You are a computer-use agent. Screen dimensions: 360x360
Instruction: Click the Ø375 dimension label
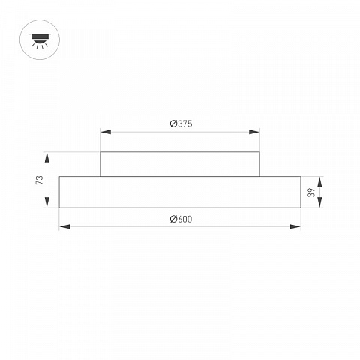[181, 124]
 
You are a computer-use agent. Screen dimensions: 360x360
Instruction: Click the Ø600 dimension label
[181, 219]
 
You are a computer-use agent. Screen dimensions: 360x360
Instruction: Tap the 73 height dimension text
[40, 180]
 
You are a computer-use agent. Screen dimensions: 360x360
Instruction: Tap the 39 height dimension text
[311, 193]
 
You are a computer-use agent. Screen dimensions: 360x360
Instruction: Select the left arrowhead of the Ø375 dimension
[106, 132]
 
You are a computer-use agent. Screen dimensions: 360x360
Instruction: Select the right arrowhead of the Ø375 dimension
[254, 132]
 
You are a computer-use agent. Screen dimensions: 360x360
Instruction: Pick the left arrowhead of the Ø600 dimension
[64, 226]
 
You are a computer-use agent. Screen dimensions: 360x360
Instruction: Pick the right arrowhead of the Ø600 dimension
[295, 226]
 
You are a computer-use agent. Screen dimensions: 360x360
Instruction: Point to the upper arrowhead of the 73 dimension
[46, 157]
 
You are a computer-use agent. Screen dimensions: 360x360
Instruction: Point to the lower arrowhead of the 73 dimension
[46, 202]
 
